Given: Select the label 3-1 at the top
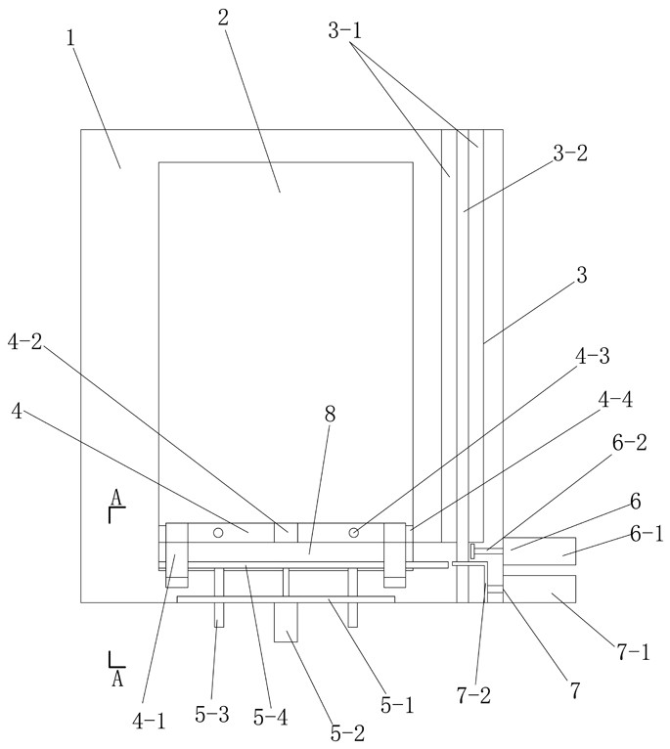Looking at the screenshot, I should pos(344,31).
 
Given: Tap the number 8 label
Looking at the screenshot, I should pos(331,415).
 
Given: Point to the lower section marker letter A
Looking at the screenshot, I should pos(115,677).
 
